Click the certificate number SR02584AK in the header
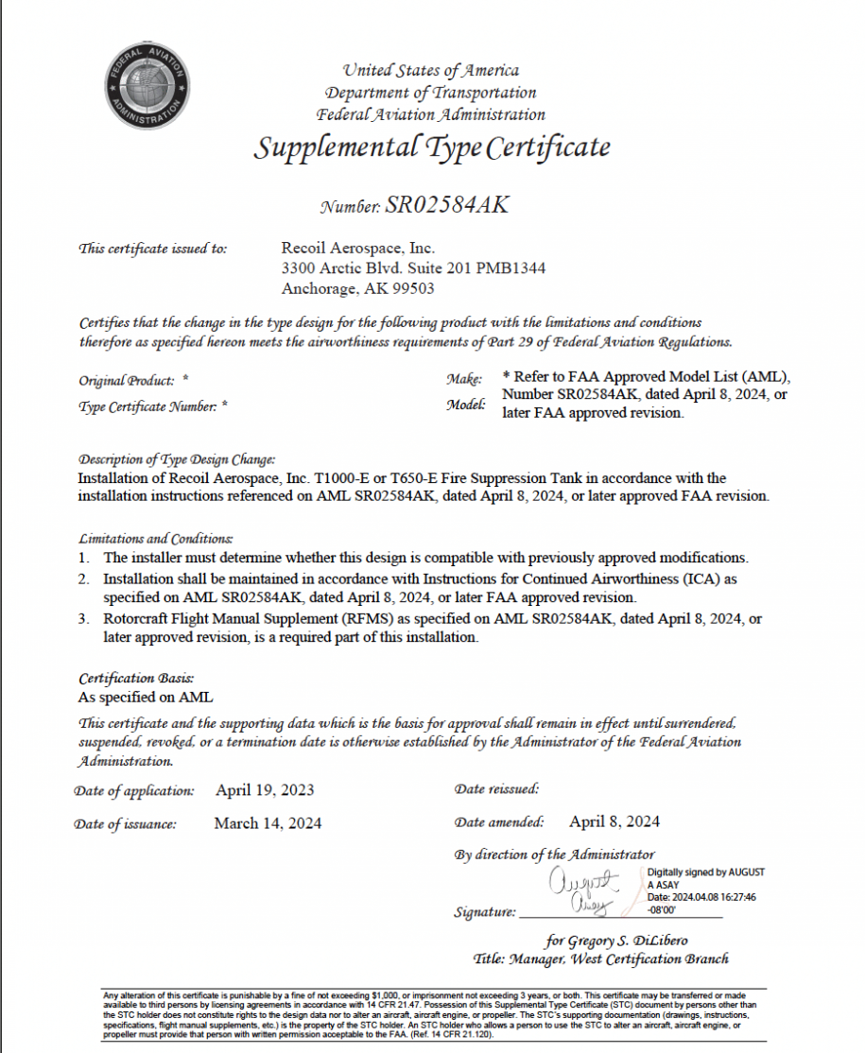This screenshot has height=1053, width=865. [x=446, y=205]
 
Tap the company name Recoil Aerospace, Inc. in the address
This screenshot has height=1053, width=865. [x=358, y=249]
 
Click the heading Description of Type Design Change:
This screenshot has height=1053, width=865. [x=177, y=459]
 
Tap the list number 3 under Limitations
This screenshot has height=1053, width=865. [x=84, y=619]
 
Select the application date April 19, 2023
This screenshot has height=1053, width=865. [x=265, y=790]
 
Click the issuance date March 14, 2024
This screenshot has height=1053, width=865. [x=268, y=823]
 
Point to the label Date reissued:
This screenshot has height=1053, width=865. [x=496, y=788]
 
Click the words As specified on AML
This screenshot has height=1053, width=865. [x=146, y=697]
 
